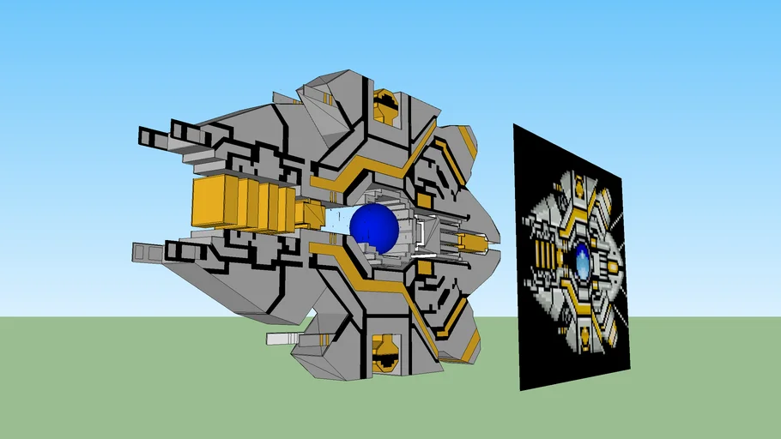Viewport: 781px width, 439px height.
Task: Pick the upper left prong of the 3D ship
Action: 154,136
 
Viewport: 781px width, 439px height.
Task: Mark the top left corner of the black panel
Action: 514,124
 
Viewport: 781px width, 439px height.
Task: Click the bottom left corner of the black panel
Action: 521,391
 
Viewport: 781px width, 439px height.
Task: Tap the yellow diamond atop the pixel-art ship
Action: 579,183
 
